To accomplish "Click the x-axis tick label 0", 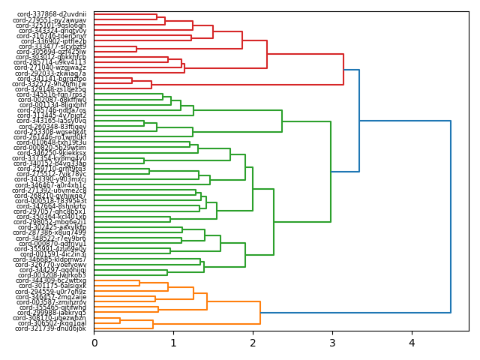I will [94, 343].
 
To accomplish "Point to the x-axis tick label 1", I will [173, 343].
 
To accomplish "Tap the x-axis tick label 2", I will [253, 343].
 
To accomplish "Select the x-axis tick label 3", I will [332, 343].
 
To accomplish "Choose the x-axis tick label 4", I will [412, 343].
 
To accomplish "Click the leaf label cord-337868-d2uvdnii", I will [52, 14].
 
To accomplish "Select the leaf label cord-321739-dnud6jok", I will [51, 328].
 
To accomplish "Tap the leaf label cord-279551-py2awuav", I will [52, 20].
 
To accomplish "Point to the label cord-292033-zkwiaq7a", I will [52, 73].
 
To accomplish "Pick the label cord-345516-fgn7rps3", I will [52, 94].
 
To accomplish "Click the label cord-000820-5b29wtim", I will [50, 148].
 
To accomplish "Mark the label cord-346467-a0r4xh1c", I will [52, 185].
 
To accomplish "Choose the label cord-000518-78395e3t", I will [51, 201].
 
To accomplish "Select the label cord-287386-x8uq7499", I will [52, 232].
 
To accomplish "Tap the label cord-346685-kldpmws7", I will [52, 259].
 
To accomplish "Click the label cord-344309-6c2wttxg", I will [52, 280].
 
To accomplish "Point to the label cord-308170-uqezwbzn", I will [52, 318].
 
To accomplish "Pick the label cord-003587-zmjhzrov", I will [52, 302].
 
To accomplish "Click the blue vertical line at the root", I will [451, 190].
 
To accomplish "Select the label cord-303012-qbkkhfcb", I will [52, 57].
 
